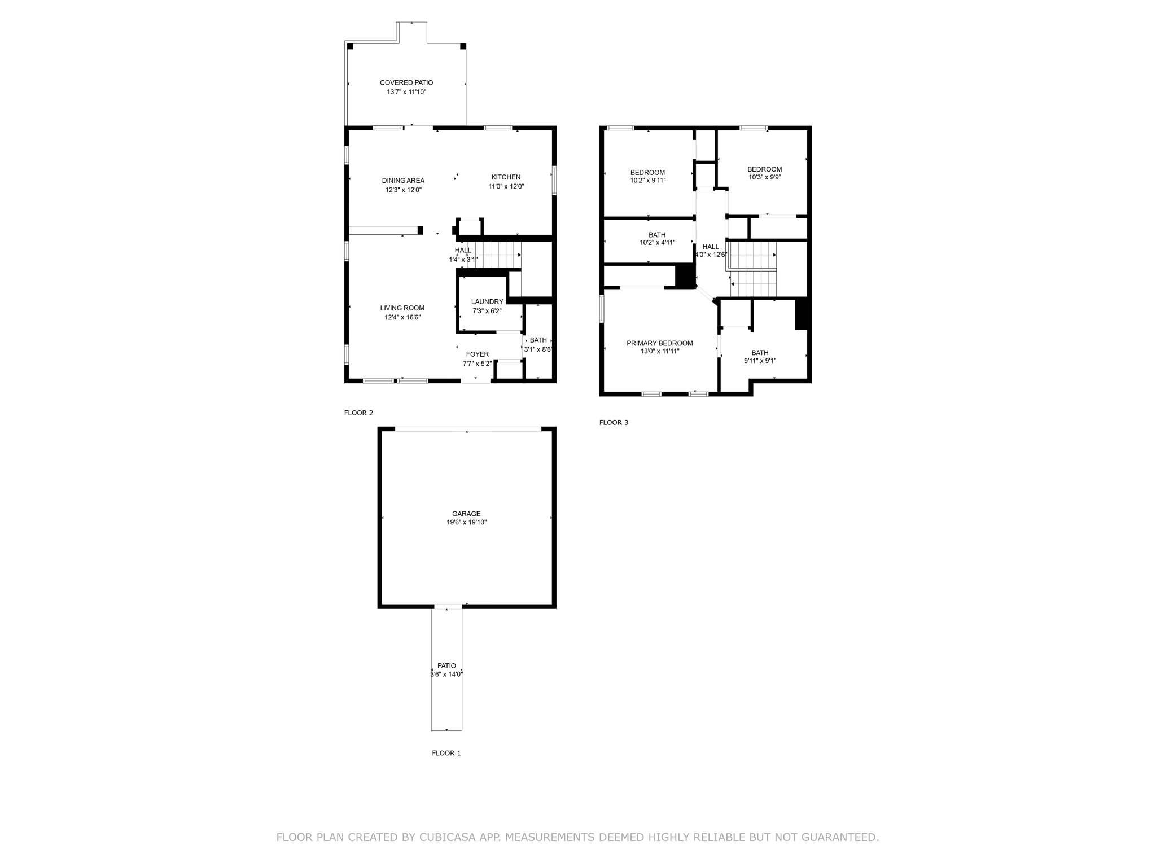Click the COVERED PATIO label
[406, 82]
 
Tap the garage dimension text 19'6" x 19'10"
[466, 523]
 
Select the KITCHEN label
[506, 177]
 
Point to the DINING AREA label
[403, 181]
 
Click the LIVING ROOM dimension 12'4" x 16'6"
[402, 317]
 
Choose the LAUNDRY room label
[487, 302]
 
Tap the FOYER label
[477, 354]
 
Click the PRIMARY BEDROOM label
[659, 343]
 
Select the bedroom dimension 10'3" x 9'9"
[764, 177]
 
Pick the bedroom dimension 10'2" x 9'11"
[647, 181]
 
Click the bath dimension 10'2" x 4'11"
[657, 243]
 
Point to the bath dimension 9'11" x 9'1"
[760, 361]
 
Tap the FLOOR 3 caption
[614, 422]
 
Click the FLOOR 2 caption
[358, 413]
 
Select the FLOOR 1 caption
[446, 753]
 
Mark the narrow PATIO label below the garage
[446, 666]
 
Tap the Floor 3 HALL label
[711, 247]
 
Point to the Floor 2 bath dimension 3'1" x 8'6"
[538, 349]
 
